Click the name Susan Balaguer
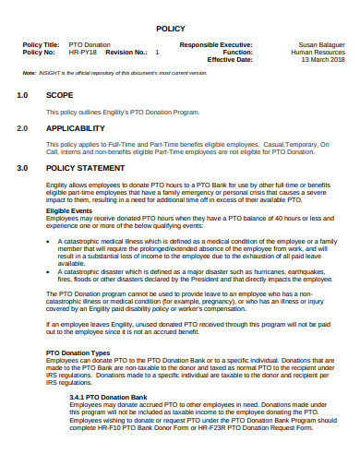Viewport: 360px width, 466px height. [x=319, y=44]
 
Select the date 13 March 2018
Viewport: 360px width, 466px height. [x=323, y=59]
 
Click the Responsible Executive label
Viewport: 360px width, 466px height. [x=216, y=44]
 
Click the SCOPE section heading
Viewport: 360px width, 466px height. [x=60, y=95]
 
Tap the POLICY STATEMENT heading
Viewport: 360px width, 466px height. [x=85, y=169]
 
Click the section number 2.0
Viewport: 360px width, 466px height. [x=23, y=128]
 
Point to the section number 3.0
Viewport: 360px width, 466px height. [x=23, y=169]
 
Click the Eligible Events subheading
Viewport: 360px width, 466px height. [x=69, y=211]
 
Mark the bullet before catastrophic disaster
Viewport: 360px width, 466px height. [x=48, y=272]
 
